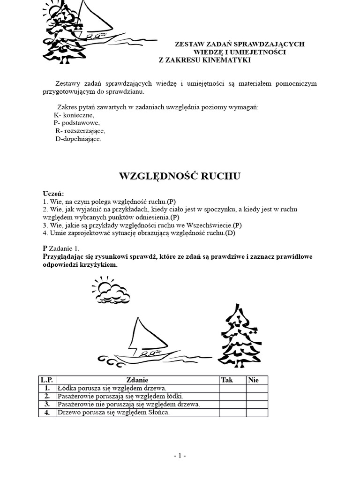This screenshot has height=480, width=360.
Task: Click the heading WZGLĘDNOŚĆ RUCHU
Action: point(180,176)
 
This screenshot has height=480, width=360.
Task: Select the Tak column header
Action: point(226,380)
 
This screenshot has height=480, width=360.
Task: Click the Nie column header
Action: point(253,380)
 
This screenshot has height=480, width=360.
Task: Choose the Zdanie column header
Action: point(137,380)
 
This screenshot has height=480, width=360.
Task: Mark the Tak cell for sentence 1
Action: point(232,388)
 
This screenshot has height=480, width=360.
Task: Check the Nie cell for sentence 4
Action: point(257,412)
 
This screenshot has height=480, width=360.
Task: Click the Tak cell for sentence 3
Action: point(232,404)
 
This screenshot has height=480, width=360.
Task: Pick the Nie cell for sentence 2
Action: point(257,396)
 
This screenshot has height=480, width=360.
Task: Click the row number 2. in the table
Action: point(47,396)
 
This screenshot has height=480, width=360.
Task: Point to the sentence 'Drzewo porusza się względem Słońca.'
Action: point(113,412)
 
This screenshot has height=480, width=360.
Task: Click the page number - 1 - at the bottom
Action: point(180,455)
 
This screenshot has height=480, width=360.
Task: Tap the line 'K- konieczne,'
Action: point(74,115)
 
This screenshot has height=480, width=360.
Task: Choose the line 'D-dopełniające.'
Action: point(78,139)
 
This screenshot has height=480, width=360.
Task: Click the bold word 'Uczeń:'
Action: point(53,194)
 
